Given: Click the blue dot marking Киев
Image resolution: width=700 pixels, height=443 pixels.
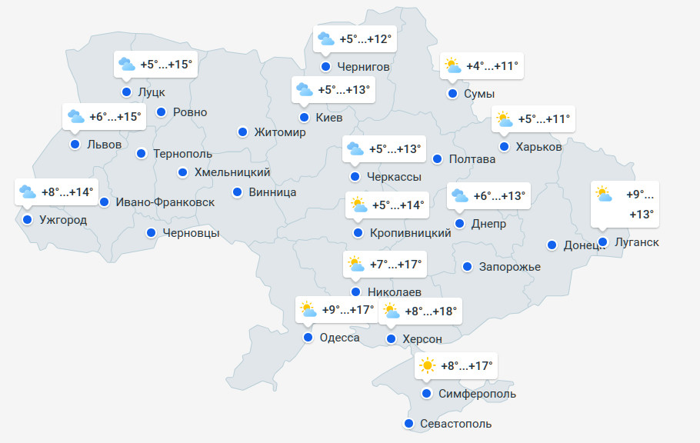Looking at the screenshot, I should tap(305, 118).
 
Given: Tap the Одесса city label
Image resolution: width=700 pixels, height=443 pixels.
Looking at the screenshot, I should tap(339, 338).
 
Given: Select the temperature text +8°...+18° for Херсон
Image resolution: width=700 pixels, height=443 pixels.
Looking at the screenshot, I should tap(431, 311).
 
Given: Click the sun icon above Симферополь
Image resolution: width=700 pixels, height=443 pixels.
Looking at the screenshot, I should tap(428, 366).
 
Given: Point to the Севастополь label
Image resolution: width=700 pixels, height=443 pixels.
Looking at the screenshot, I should tap(455, 424).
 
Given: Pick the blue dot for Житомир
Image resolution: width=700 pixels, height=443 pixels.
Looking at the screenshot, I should tap(242, 132).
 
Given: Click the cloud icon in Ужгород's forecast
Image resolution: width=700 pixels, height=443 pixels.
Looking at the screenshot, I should tap(28, 192).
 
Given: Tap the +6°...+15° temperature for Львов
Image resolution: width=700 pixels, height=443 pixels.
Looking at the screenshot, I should tap(115, 117).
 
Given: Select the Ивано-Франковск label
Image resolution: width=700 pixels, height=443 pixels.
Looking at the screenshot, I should tap(165, 202).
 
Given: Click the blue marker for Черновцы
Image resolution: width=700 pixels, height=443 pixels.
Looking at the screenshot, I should tap(152, 232).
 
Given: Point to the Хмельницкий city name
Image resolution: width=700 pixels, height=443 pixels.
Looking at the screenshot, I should tap(232, 172).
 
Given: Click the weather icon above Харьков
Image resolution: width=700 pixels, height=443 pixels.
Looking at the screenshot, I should tap(505, 119).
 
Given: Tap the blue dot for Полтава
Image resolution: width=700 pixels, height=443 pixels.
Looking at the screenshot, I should tap(437, 159).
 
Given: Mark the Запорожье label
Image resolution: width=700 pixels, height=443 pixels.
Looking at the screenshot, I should tap(509, 267).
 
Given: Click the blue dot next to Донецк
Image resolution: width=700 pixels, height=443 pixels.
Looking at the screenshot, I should tap(552, 245).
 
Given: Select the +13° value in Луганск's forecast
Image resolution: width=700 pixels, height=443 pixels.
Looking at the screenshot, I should tap(641, 214).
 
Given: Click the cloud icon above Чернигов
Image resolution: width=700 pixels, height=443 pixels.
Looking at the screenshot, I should tap(326, 38).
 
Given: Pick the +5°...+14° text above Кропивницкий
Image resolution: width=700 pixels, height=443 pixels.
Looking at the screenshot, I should tap(398, 205).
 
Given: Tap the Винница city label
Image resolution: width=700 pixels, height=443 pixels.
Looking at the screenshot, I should tap(272, 192).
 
